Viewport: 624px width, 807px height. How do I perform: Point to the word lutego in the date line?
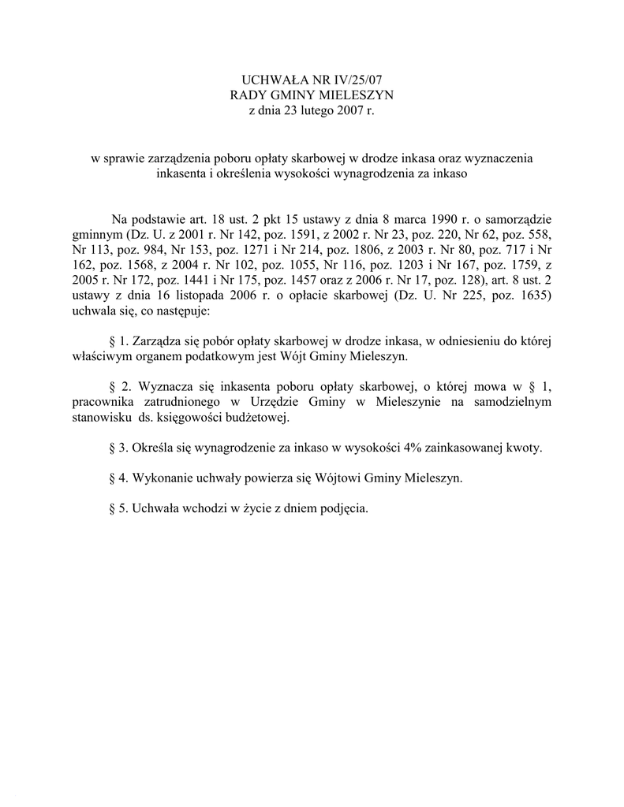tap(313, 111)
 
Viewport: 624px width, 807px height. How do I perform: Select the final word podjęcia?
tap(343, 509)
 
